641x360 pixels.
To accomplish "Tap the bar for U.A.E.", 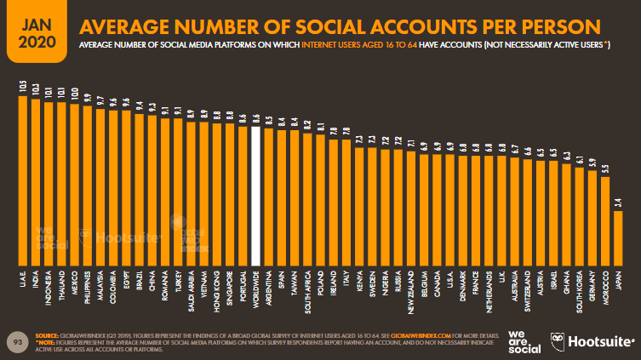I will [22, 179].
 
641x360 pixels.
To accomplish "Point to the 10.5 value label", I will [22, 86].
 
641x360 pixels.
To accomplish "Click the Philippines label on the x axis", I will [87, 285].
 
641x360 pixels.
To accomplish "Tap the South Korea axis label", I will [579, 287].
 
